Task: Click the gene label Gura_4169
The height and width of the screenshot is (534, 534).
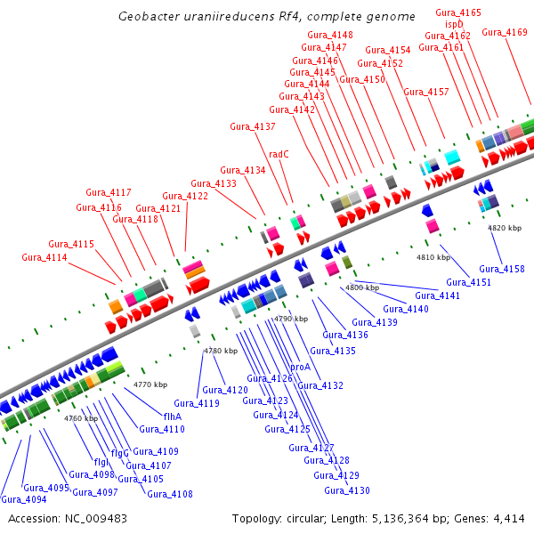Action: (x=505, y=32)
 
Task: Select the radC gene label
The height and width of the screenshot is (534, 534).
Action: (x=279, y=153)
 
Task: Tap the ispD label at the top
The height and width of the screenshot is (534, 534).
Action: (x=455, y=24)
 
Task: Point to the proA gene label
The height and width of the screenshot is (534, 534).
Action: (x=300, y=367)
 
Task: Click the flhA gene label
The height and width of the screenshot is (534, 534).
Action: (x=173, y=416)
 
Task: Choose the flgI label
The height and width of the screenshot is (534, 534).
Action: (x=101, y=462)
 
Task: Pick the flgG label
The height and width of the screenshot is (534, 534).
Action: (x=120, y=454)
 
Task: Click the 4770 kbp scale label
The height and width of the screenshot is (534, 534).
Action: (x=150, y=384)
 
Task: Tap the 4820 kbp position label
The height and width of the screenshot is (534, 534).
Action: (x=505, y=228)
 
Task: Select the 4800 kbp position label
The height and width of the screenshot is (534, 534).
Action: (x=362, y=287)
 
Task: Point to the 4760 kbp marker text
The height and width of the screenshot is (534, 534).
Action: (x=81, y=417)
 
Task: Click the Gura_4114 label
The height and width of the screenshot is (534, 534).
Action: (x=44, y=257)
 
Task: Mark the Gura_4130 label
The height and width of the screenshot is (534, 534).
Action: (x=347, y=490)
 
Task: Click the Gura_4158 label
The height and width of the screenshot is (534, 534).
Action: (x=502, y=268)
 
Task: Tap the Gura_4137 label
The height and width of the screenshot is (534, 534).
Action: (x=253, y=126)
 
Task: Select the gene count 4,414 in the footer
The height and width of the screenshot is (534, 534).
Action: (x=510, y=518)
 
